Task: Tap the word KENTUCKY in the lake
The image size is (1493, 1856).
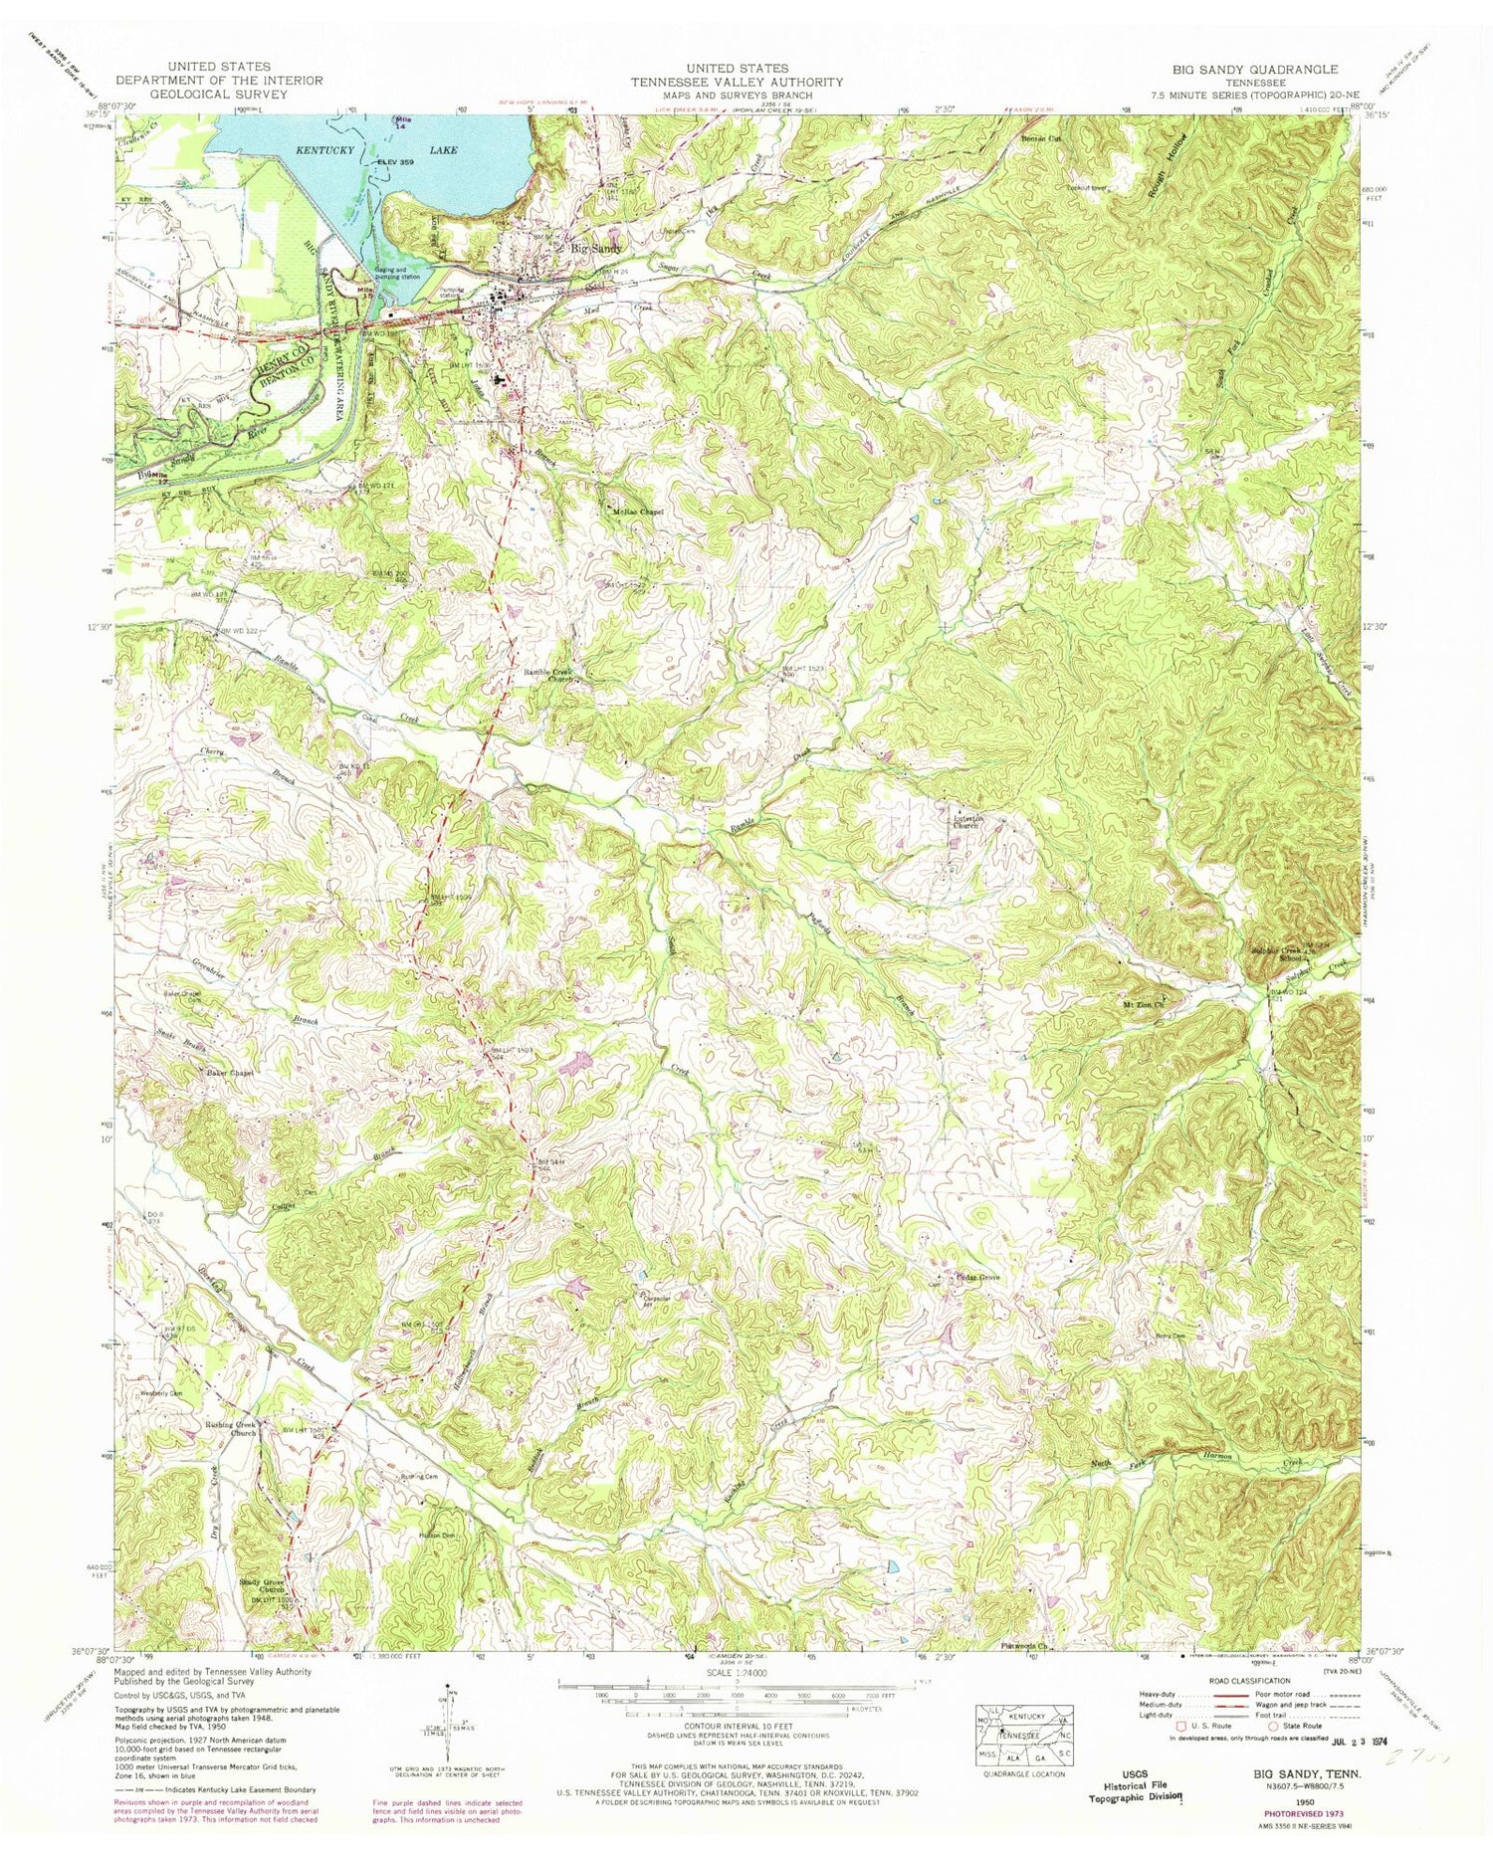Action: (326, 150)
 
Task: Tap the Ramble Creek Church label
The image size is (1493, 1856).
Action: (553, 676)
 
